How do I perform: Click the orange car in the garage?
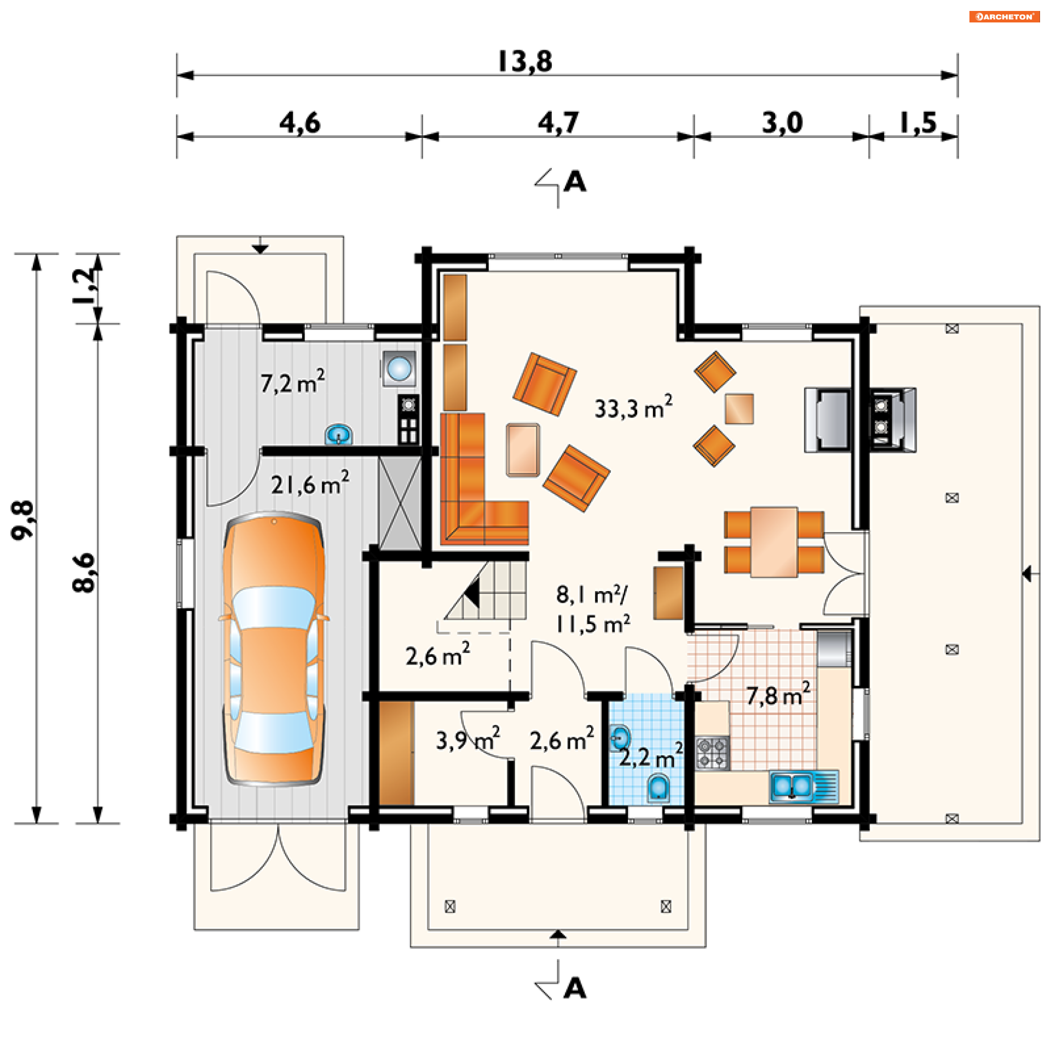(273, 649)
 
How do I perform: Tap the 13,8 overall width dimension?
(525, 61)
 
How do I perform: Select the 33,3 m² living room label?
(633, 407)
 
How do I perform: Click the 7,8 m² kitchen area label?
(778, 695)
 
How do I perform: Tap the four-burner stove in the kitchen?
(712, 753)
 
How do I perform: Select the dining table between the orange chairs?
(773, 542)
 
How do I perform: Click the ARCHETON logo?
(1004, 16)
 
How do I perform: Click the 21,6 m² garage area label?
(310, 483)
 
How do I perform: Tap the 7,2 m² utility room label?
(292, 382)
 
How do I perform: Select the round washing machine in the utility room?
(399, 368)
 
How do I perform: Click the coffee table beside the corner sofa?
(523, 450)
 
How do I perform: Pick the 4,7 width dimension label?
(558, 122)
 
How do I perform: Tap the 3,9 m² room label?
(467, 739)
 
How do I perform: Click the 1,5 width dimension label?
(919, 122)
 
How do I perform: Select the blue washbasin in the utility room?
(339, 435)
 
